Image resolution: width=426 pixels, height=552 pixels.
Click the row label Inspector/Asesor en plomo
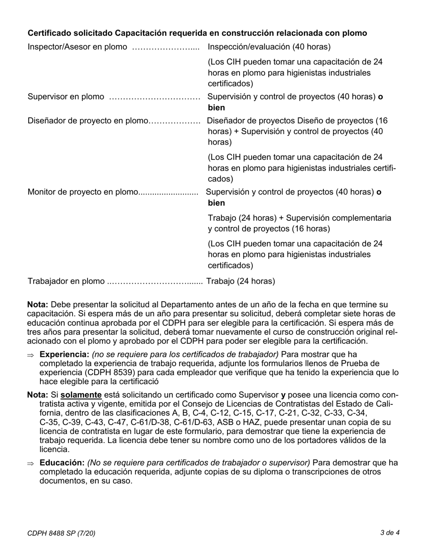coord(77,47)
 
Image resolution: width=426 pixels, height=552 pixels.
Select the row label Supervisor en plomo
coord(66,97)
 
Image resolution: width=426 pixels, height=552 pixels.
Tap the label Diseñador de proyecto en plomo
coord(87,121)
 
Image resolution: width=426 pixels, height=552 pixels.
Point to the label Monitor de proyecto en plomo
coord(83,192)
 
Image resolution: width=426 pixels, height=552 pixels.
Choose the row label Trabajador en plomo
coord(66,281)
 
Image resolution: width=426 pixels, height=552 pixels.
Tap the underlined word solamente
coord(81,395)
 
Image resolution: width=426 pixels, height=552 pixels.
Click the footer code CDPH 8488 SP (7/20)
coord(61,533)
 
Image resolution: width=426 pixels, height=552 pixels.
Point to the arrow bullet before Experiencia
coord(30,355)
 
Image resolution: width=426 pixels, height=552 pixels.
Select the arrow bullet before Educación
coord(30,463)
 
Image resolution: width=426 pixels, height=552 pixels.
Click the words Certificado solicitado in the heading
coord(70,33)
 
